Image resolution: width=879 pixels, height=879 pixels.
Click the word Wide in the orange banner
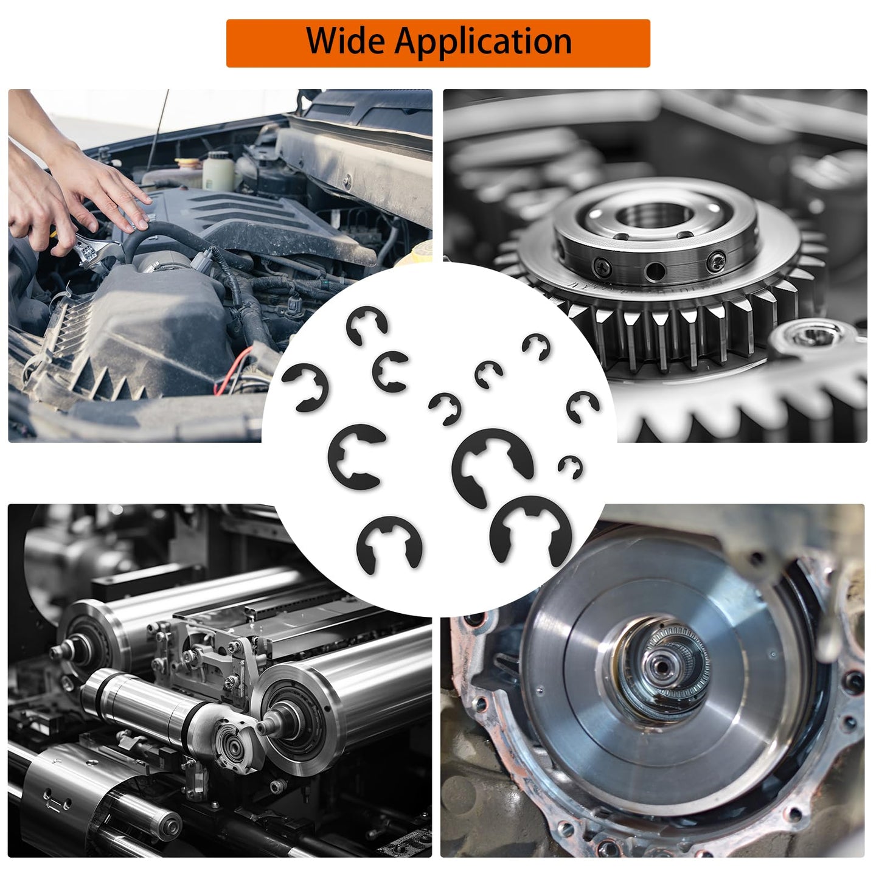(346, 41)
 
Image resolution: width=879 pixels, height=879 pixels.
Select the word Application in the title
(484, 41)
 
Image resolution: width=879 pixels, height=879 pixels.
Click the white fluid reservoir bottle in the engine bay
(217, 170)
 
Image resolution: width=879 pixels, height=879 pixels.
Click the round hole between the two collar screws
(655, 271)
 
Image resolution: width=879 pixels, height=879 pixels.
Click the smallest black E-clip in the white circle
(571, 467)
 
